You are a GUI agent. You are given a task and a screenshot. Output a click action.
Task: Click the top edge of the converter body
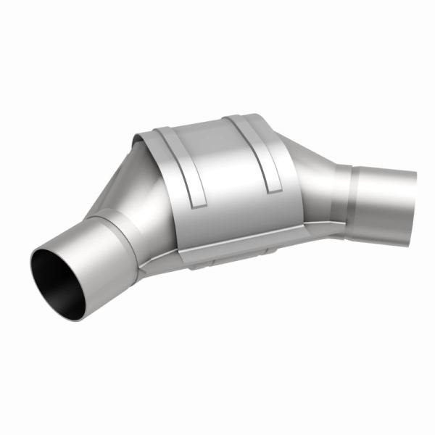(210, 121)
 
